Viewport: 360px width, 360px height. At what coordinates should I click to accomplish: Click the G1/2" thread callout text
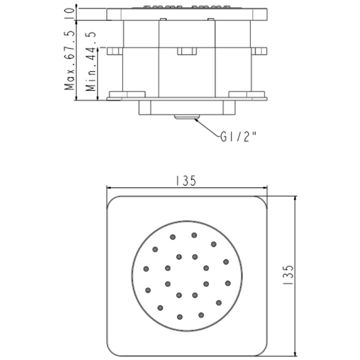(x=238, y=137)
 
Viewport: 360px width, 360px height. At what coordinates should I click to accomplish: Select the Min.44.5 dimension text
(x=91, y=61)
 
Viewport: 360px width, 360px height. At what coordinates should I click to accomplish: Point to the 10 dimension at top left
(x=70, y=11)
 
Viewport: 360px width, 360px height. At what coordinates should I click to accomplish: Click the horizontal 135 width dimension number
(x=186, y=181)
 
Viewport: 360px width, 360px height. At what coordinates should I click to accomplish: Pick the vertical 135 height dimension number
(x=288, y=275)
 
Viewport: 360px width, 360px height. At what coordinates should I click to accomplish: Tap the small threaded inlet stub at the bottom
(x=187, y=117)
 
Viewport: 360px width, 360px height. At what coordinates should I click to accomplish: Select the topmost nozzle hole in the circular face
(x=194, y=235)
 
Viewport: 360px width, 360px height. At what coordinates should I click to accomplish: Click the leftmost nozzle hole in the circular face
(x=146, y=269)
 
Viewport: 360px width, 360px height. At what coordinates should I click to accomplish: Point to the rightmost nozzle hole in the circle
(x=228, y=283)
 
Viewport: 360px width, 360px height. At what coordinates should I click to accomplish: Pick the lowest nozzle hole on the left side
(x=161, y=308)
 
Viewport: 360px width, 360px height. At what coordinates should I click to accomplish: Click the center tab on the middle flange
(x=187, y=51)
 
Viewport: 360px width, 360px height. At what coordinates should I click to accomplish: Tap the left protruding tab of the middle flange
(x=115, y=51)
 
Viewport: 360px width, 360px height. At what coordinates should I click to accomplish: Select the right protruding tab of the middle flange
(x=259, y=51)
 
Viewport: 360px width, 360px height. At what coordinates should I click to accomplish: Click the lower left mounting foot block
(x=127, y=94)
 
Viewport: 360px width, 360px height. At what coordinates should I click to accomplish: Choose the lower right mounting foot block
(x=247, y=94)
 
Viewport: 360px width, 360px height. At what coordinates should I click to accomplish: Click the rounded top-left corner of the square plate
(x=111, y=201)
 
